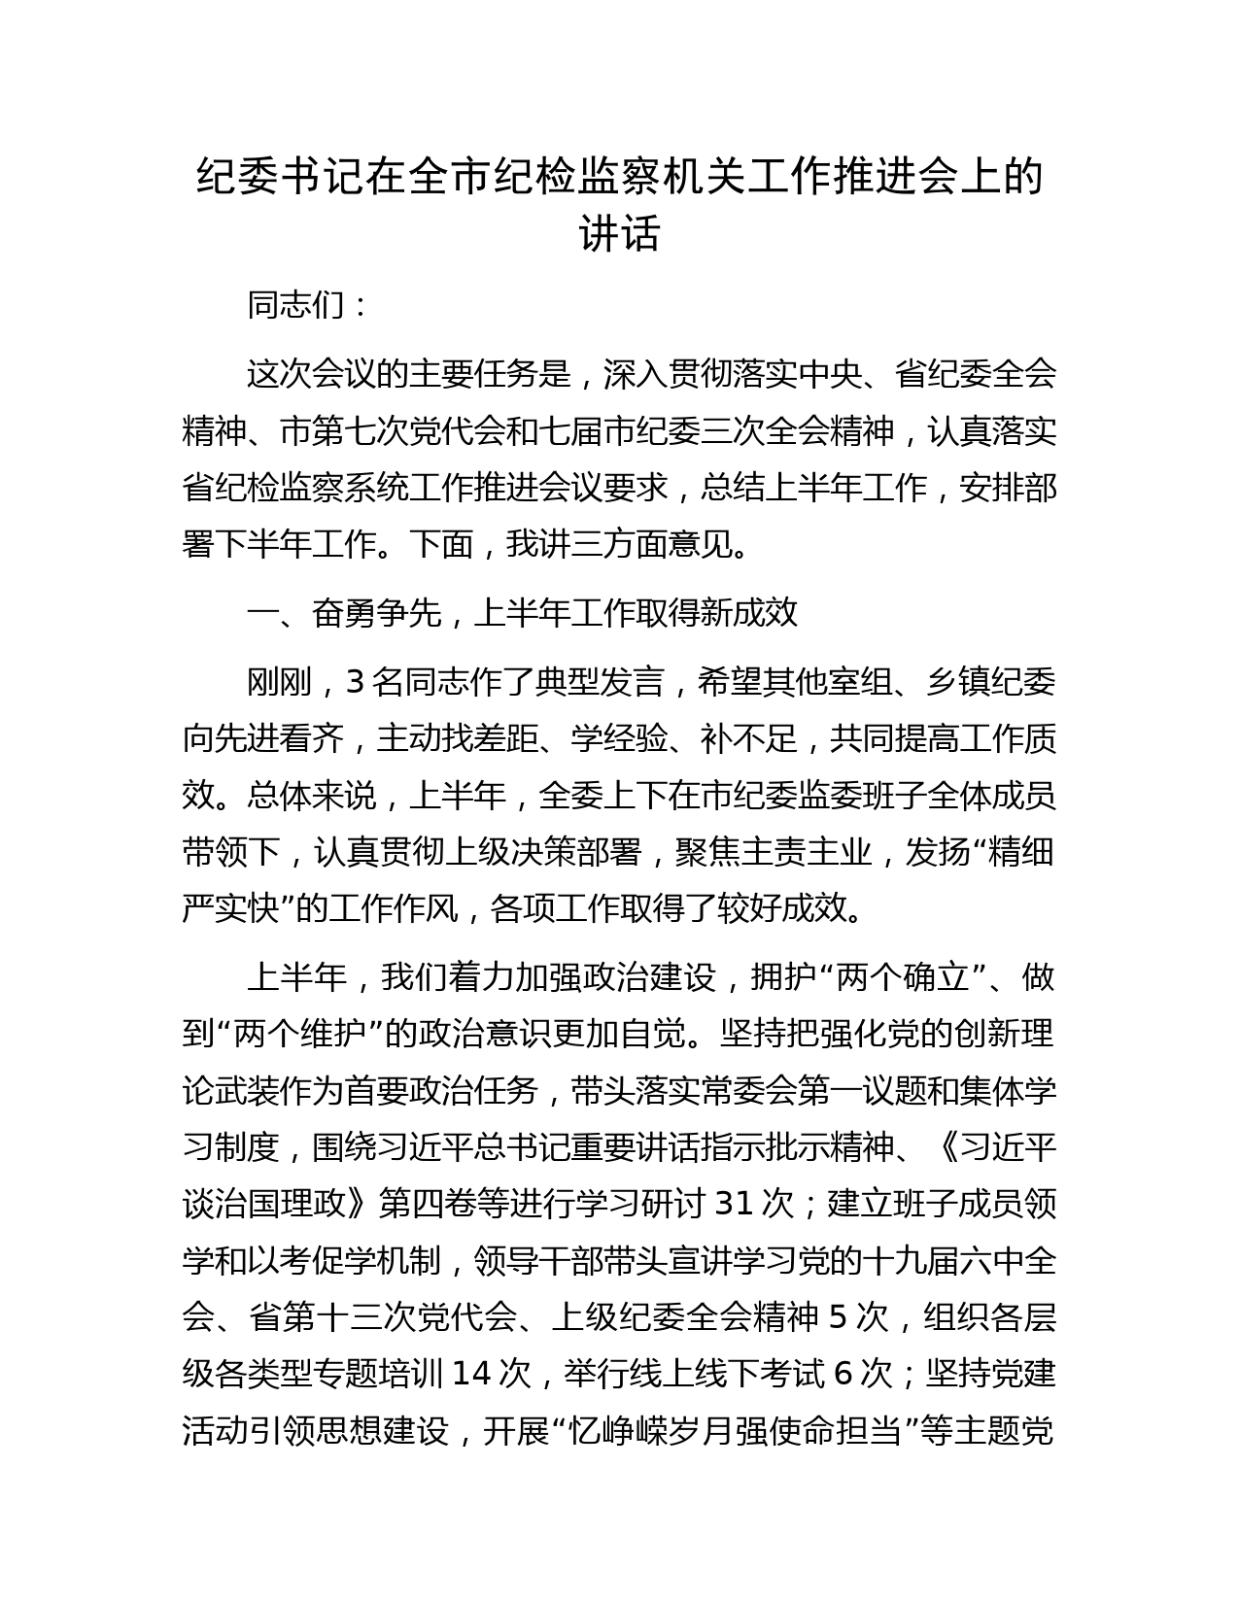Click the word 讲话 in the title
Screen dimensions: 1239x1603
(x=619, y=234)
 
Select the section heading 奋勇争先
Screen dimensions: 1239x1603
(x=376, y=613)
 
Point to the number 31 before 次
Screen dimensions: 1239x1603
(x=735, y=1205)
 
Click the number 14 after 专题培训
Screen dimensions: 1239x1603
(x=474, y=1374)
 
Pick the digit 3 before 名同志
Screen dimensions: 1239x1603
(x=355, y=683)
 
